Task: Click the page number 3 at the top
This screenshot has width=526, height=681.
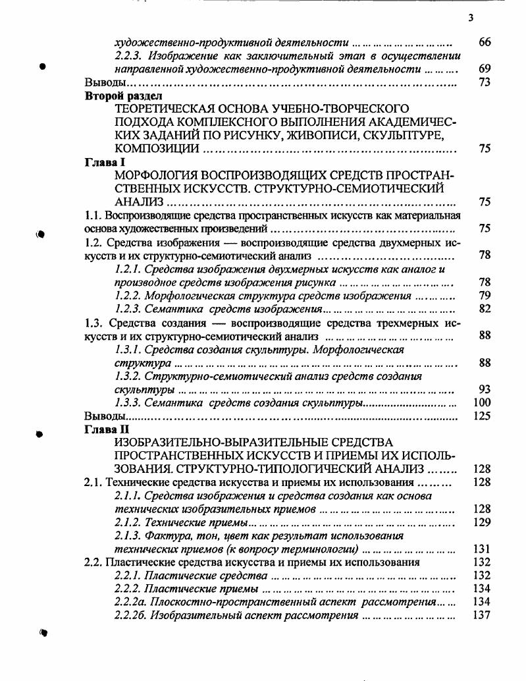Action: click(x=471, y=18)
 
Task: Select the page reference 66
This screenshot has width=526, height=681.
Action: click(x=485, y=42)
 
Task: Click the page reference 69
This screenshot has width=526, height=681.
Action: click(x=485, y=68)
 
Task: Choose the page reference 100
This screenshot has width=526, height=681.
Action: click(x=483, y=402)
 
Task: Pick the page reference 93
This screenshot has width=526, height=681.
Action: click(x=485, y=389)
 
